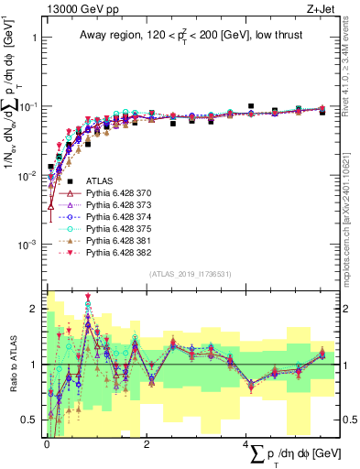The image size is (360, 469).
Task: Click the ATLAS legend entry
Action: click(x=97, y=182)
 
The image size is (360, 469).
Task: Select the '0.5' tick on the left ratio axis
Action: click(x=29, y=420)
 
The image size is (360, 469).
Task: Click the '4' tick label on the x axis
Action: click(x=245, y=445)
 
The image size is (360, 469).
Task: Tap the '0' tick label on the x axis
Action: click(x=47, y=445)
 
